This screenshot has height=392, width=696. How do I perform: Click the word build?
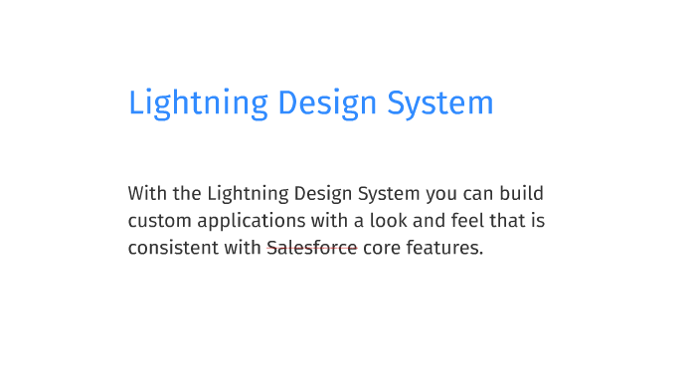click(522, 193)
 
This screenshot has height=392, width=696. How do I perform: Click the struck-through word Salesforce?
click(311, 248)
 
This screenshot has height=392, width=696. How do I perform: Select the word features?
click(445, 248)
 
